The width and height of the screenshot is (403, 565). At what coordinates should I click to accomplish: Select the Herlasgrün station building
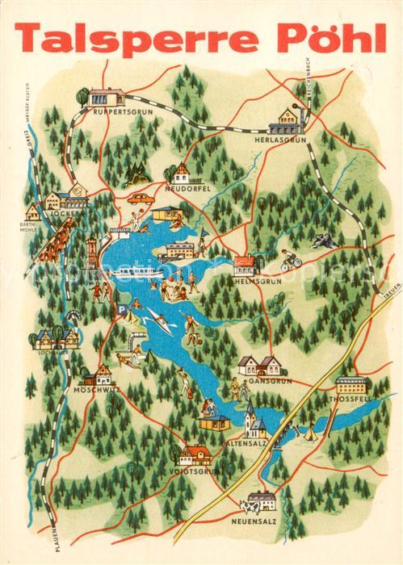(x=287, y=122)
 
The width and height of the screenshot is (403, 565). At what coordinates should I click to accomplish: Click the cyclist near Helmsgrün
(x=290, y=260)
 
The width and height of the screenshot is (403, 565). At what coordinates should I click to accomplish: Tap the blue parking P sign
(x=120, y=308)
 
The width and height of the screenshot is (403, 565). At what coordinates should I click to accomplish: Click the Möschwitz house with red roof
(x=101, y=374)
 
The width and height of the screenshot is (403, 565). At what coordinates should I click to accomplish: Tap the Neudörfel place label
(x=188, y=187)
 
